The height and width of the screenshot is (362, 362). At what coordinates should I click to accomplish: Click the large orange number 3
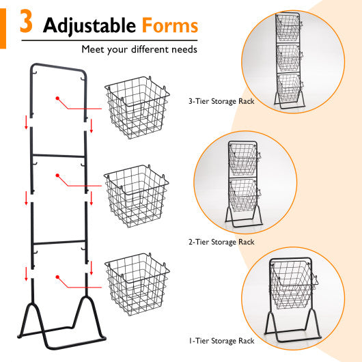[25, 23]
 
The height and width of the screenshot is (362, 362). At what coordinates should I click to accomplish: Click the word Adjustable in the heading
[88, 26]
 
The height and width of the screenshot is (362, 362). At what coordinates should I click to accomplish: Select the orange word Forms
[170, 26]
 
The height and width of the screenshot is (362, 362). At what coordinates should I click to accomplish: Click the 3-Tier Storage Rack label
[221, 101]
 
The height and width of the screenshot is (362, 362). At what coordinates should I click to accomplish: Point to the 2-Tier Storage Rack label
[221, 242]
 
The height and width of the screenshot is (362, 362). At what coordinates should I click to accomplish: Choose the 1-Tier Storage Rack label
[221, 340]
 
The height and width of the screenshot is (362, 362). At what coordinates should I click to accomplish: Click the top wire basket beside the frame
[137, 109]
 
